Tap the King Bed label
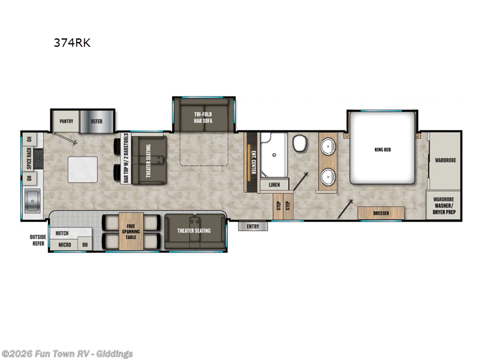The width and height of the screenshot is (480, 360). point(382,149)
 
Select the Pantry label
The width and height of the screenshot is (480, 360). point(66,121)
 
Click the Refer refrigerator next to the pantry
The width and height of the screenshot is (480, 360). point(97,121)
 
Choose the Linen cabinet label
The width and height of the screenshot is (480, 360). point(274,185)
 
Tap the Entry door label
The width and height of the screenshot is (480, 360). point(253,226)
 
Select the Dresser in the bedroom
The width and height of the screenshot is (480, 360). point(381,212)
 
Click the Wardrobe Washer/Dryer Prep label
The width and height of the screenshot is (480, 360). point(444,206)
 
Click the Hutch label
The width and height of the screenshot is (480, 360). point(62,233)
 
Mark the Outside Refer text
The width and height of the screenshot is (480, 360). point(38,240)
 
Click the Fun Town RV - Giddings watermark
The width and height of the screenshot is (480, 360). point(67,353)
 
